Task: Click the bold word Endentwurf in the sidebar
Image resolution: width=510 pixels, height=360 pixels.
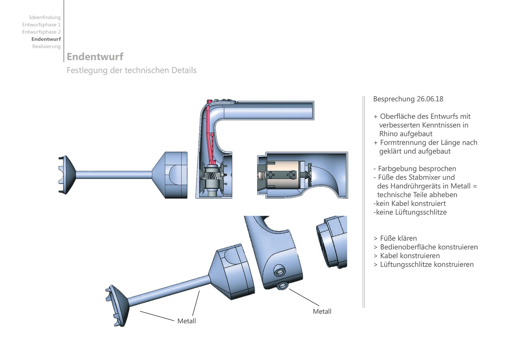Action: (x=46, y=39)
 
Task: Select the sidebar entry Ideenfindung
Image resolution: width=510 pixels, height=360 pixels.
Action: (x=45, y=17)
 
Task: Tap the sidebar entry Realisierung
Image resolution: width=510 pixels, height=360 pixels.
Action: (x=46, y=46)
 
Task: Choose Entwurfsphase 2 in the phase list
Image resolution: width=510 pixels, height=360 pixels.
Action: (x=41, y=32)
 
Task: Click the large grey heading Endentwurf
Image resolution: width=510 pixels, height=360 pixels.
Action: (x=95, y=57)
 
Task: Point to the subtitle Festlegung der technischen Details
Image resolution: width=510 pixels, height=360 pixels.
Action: (x=131, y=70)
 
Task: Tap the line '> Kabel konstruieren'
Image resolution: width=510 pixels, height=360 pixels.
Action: (x=407, y=256)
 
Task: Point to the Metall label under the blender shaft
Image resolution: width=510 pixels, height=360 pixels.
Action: (x=186, y=321)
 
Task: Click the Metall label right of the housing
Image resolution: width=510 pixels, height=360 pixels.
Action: (x=322, y=311)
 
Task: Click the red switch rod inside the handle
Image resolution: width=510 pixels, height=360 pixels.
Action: (x=210, y=133)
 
